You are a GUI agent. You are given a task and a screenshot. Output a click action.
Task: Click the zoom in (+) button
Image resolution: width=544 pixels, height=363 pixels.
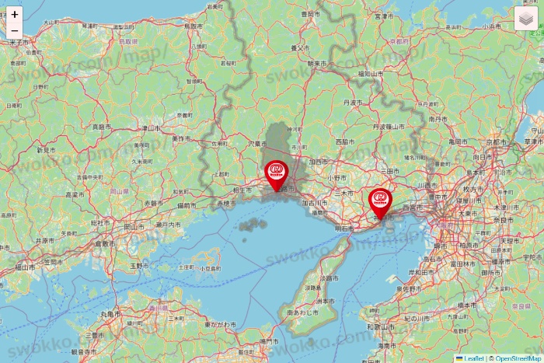(x=15, y=14)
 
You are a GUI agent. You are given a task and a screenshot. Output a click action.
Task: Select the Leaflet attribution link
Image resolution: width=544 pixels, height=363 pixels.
(x=472, y=358)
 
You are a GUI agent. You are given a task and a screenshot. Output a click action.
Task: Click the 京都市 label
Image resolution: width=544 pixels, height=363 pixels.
(x=494, y=143)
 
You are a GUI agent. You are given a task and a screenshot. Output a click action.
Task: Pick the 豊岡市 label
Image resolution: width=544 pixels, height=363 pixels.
(x=310, y=14)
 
